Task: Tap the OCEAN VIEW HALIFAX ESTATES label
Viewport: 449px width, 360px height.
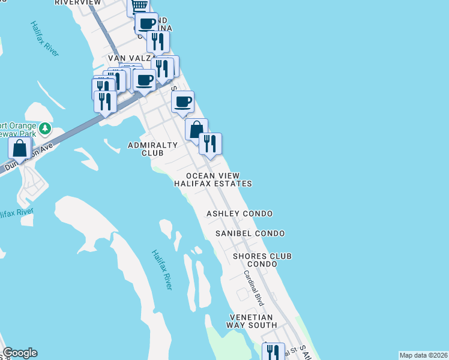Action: pyautogui.click(x=212, y=179)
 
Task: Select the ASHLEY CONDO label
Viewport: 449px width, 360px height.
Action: pyautogui.click(x=240, y=214)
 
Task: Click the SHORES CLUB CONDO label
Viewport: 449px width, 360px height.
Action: pyautogui.click(x=262, y=260)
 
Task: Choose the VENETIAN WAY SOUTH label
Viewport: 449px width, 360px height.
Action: pyautogui.click(x=250, y=321)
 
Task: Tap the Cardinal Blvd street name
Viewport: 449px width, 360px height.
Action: pyautogui.click(x=254, y=286)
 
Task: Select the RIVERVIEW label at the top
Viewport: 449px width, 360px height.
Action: pyautogui.click(x=77, y=2)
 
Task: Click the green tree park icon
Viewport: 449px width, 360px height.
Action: pyautogui.click(x=44, y=128)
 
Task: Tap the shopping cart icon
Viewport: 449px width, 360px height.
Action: pyautogui.click(x=139, y=5)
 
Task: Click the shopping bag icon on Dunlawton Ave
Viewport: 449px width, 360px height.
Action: pyautogui.click(x=20, y=148)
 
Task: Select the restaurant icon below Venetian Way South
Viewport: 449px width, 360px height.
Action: pyautogui.click(x=274, y=352)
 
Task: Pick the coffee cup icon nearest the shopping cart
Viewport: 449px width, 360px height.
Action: pyautogui.click(x=146, y=24)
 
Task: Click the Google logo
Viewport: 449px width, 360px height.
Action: pyautogui.click(x=20, y=353)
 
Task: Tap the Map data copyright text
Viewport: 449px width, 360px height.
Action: pyautogui.click(x=424, y=355)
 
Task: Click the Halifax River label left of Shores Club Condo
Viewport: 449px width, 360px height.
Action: pyautogui.click(x=161, y=270)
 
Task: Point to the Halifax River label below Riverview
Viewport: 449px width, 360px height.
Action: pyautogui.click(x=45, y=39)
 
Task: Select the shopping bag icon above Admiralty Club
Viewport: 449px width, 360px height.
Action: pyautogui.click(x=196, y=129)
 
